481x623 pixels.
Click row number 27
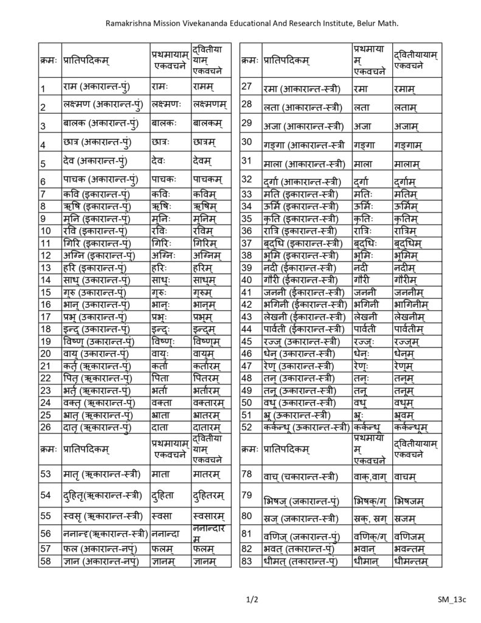click(247, 86)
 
